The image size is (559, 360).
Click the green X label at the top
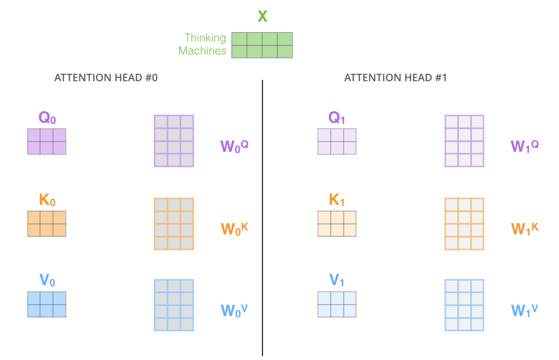coord(262,16)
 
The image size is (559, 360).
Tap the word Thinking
coord(205,38)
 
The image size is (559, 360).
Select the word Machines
coord(202,51)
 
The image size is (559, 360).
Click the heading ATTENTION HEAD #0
coord(106,78)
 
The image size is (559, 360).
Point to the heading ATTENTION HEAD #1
coord(395,78)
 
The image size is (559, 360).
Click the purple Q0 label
coord(47,118)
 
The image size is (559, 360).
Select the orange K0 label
coord(47,200)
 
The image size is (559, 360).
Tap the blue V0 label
coord(47,280)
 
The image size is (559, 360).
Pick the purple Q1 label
coord(336,118)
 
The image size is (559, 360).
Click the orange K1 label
coord(336,200)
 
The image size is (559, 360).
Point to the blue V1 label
coord(336,280)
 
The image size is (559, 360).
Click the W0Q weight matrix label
coord(234,146)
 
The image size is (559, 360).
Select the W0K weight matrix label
coord(234,229)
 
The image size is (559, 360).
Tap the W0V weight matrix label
coord(234,310)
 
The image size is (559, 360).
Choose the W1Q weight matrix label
coord(525,146)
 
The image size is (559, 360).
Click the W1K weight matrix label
coord(525,229)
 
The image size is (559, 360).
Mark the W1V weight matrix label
coord(525,310)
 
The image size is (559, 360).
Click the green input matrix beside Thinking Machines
coord(262,45)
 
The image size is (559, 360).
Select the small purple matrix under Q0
coord(47,141)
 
